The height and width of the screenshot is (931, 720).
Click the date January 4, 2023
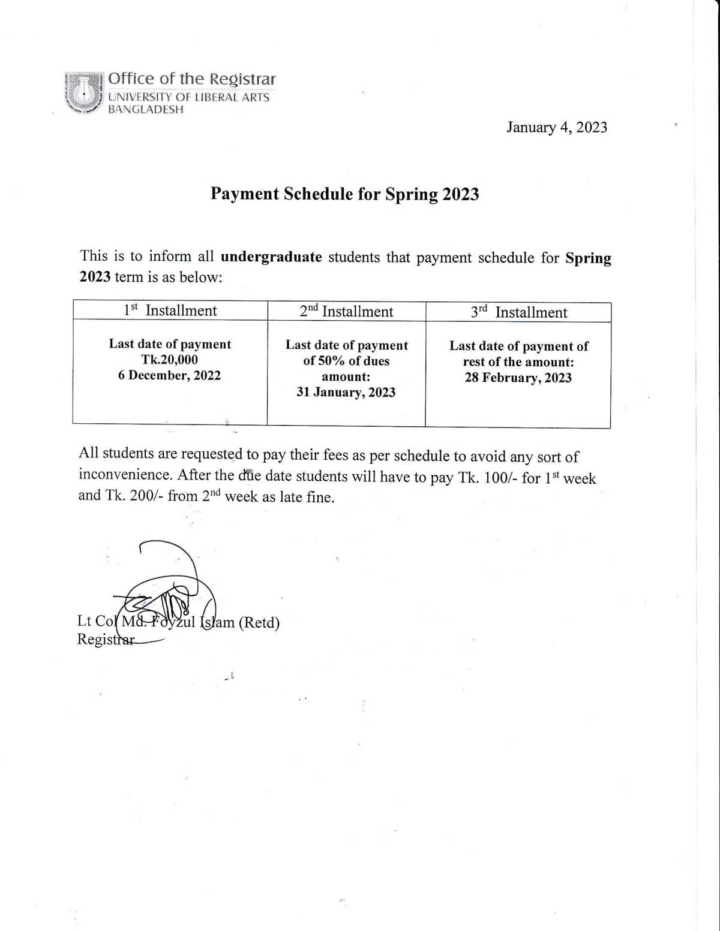(x=556, y=128)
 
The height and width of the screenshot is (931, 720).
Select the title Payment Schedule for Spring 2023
(x=344, y=194)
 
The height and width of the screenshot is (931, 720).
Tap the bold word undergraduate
(x=271, y=257)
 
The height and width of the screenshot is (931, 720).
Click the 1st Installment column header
(x=170, y=311)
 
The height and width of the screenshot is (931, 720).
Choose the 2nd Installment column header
(x=346, y=312)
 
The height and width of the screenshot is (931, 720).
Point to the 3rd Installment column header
(x=518, y=312)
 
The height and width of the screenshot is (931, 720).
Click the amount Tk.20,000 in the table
(x=170, y=360)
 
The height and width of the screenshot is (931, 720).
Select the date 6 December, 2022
(x=170, y=375)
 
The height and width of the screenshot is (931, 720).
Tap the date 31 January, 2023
(x=346, y=392)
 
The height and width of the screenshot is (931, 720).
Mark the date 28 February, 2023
(x=518, y=378)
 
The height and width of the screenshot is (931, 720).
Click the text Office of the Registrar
(x=191, y=79)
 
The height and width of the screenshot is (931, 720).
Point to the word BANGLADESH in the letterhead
(x=146, y=110)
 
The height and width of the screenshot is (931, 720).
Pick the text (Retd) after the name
(x=259, y=623)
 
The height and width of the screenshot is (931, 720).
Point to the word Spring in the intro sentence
(x=588, y=258)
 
